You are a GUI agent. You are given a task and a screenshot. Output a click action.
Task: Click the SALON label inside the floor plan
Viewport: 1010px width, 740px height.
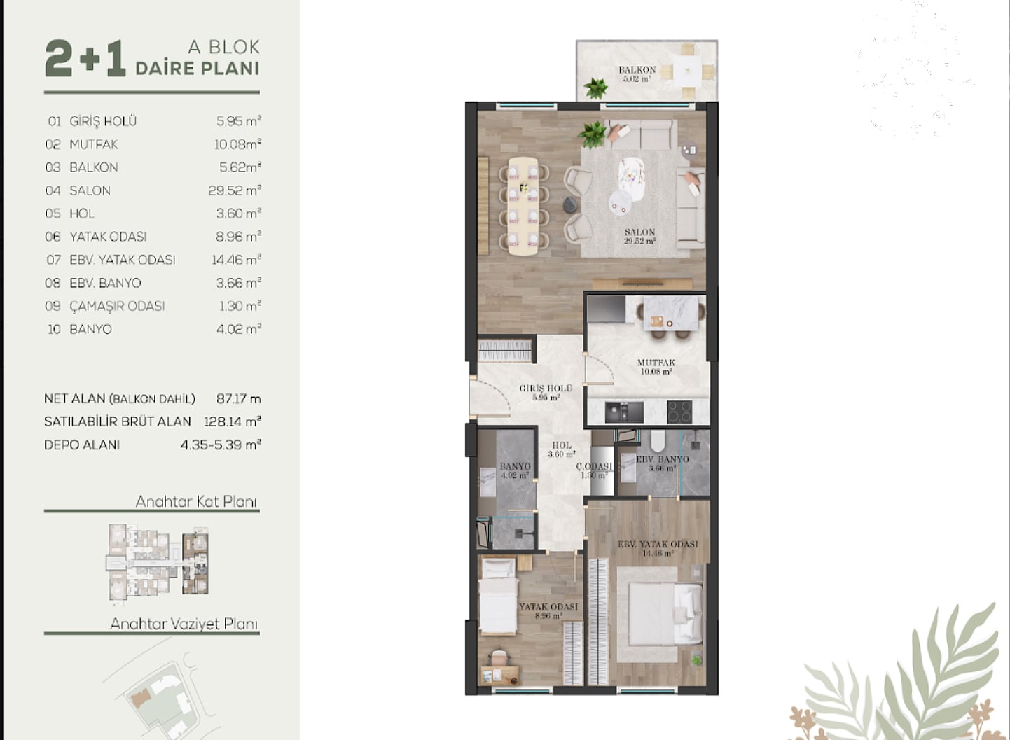click(x=639, y=232)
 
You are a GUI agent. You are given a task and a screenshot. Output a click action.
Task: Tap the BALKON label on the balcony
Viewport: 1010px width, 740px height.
click(x=637, y=70)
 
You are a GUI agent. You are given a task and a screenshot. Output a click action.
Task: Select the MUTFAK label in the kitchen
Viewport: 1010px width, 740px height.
click(x=656, y=363)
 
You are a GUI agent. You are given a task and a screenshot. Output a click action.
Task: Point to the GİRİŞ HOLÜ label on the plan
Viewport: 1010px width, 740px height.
click(x=546, y=388)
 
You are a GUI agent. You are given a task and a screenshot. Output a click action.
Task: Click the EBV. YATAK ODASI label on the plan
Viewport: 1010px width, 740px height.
click(x=658, y=544)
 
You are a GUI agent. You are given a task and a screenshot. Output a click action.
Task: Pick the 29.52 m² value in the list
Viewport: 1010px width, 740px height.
click(x=235, y=190)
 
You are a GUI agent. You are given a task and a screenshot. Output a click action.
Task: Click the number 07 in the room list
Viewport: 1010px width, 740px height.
click(x=54, y=260)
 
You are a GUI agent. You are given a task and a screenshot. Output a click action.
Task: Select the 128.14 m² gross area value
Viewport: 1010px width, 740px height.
click(x=233, y=422)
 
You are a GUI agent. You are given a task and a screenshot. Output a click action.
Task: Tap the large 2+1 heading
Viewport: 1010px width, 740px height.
click(x=85, y=59)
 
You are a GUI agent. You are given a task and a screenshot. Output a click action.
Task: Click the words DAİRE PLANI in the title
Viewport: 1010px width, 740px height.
click(x=198, y=68)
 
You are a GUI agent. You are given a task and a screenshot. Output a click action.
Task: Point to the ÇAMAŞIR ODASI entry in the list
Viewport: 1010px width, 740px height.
click(x=117, y=307)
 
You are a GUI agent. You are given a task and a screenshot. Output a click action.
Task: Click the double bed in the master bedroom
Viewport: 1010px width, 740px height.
click(x=665, y=614)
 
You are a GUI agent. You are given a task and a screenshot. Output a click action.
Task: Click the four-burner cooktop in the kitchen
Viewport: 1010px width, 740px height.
click(x=679, y=412)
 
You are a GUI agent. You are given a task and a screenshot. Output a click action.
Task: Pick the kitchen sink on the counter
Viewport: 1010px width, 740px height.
click(x=624, y=412)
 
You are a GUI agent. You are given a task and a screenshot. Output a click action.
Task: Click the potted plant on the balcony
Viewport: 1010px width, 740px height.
click(x=596, y=88)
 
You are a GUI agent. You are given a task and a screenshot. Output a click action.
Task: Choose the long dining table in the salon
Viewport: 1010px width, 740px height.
click(x=523, y=206)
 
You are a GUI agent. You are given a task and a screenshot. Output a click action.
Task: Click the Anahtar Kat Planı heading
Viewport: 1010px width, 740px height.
click(x=196, y=501)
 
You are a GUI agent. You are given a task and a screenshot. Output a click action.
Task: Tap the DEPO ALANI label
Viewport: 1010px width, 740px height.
click(x=82, y=445)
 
